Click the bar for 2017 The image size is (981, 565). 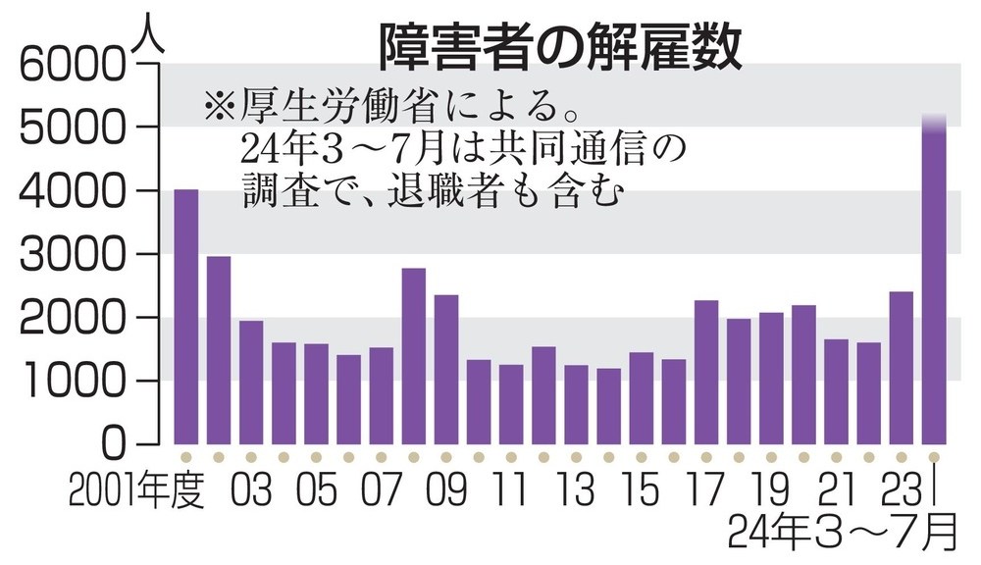(705, 372)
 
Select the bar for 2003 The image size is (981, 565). (250, 383)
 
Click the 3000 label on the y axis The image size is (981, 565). (68, 255)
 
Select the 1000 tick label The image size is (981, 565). (68, 382)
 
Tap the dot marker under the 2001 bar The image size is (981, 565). (185, 457)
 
